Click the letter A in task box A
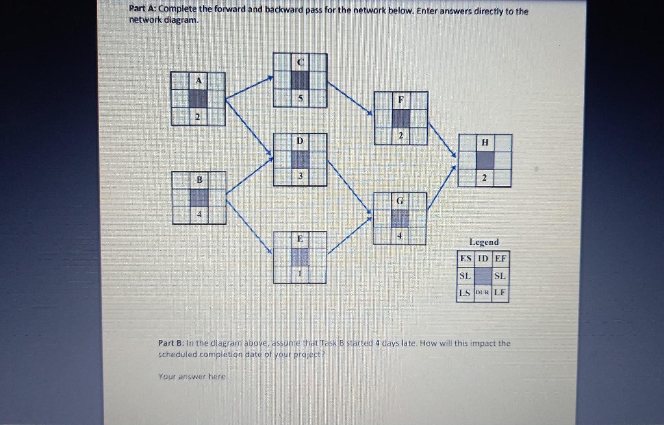[x=199, y=81]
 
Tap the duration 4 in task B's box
[x=199, y=214]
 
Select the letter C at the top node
[x=300, y=62]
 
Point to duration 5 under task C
[x=300, y=98]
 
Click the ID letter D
[x=300, y=141]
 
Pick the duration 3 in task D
[x=300, y=176]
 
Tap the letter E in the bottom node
[x=300, y=238]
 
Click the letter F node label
[x=401, y=100]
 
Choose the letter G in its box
[x=400, y=201]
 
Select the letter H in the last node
[x=485, y=142]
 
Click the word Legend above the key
[x=484, y=242]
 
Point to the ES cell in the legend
[x=466, y=259]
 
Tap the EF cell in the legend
[x=500, y=259]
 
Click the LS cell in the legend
[x=465, y=293]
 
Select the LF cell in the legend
[x=500, y=293]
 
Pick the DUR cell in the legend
[x=483, y=293]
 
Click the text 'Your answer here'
[x=192, y=377]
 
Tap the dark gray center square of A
[x=198, y=98]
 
